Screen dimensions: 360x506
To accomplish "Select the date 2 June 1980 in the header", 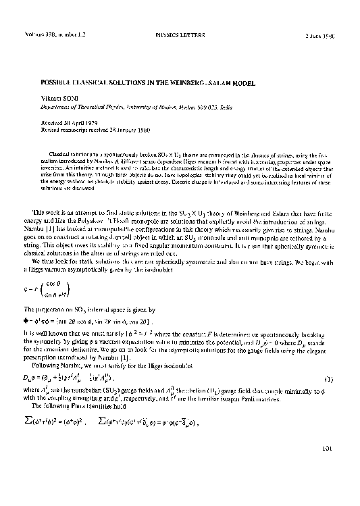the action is tap(319, 35).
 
